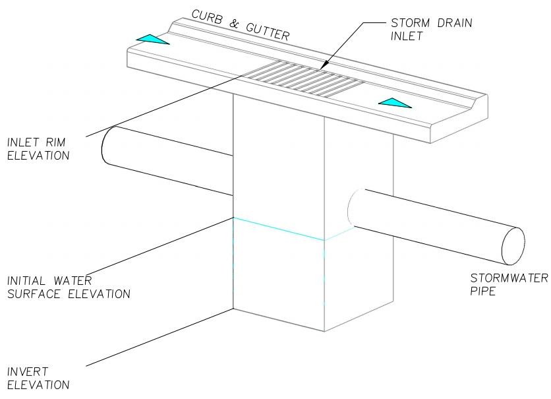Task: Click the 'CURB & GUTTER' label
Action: pyautogui.click(x=240, y=25)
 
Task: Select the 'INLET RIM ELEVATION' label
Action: pyautogui.click(x=38, y=149)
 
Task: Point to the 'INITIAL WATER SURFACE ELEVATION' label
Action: pyautogui.click(x=68, y=287)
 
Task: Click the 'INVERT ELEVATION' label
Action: pyautogui.click(x=38, y=378)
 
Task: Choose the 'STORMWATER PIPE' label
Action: pyautogui.click(x=507, y=284)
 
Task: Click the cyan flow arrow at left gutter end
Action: pyautogui.click(x=152, y=40)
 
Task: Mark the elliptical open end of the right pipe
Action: pyautogui.click(x=513, y=246)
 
